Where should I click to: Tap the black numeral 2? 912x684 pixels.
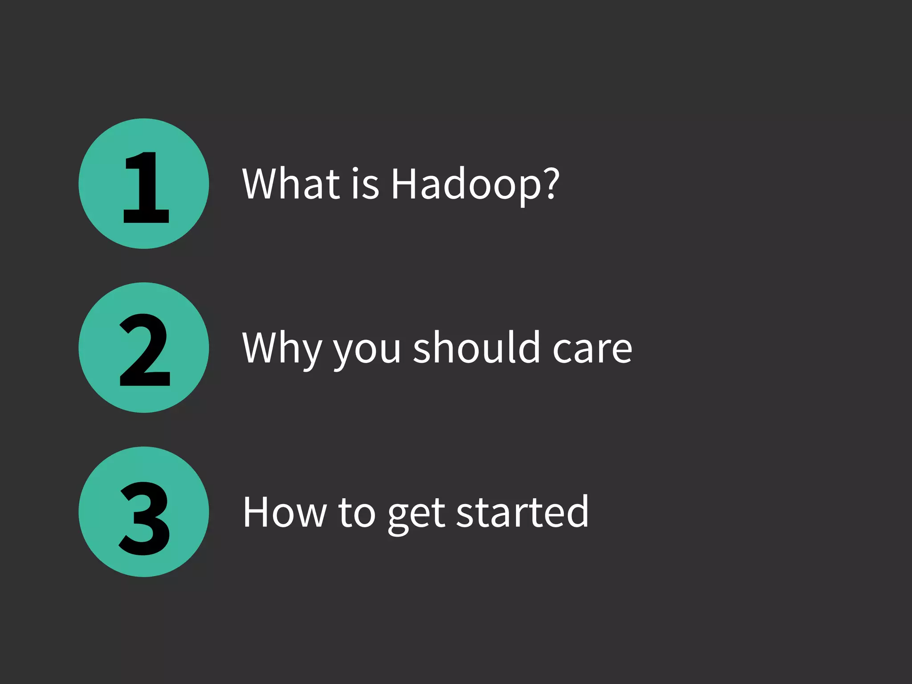[x=145, y=350]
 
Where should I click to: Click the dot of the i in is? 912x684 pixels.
[x=355, y=170]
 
